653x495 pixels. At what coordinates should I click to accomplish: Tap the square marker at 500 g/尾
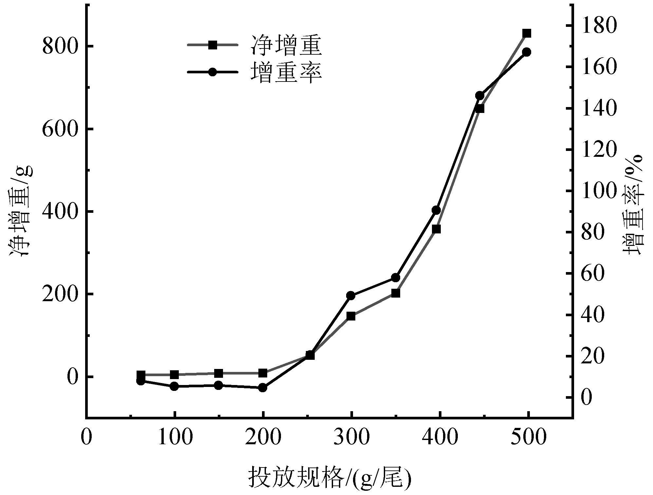[527, 33]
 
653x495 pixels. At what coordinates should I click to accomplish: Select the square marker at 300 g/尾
[351, 316]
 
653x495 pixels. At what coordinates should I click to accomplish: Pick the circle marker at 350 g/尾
[396, 278]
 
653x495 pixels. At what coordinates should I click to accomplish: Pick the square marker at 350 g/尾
[396, 293]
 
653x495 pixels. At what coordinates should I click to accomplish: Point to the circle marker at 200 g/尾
[263, 388]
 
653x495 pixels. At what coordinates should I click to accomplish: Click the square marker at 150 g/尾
[219, 373]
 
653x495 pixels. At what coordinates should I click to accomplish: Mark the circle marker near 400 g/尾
[436, 210]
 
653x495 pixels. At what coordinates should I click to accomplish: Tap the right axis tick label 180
[600, 26]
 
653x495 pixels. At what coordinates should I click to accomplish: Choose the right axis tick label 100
[600, 191]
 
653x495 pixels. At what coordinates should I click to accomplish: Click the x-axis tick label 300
[351, 437]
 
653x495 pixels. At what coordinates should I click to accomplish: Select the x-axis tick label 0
[86, 437]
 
